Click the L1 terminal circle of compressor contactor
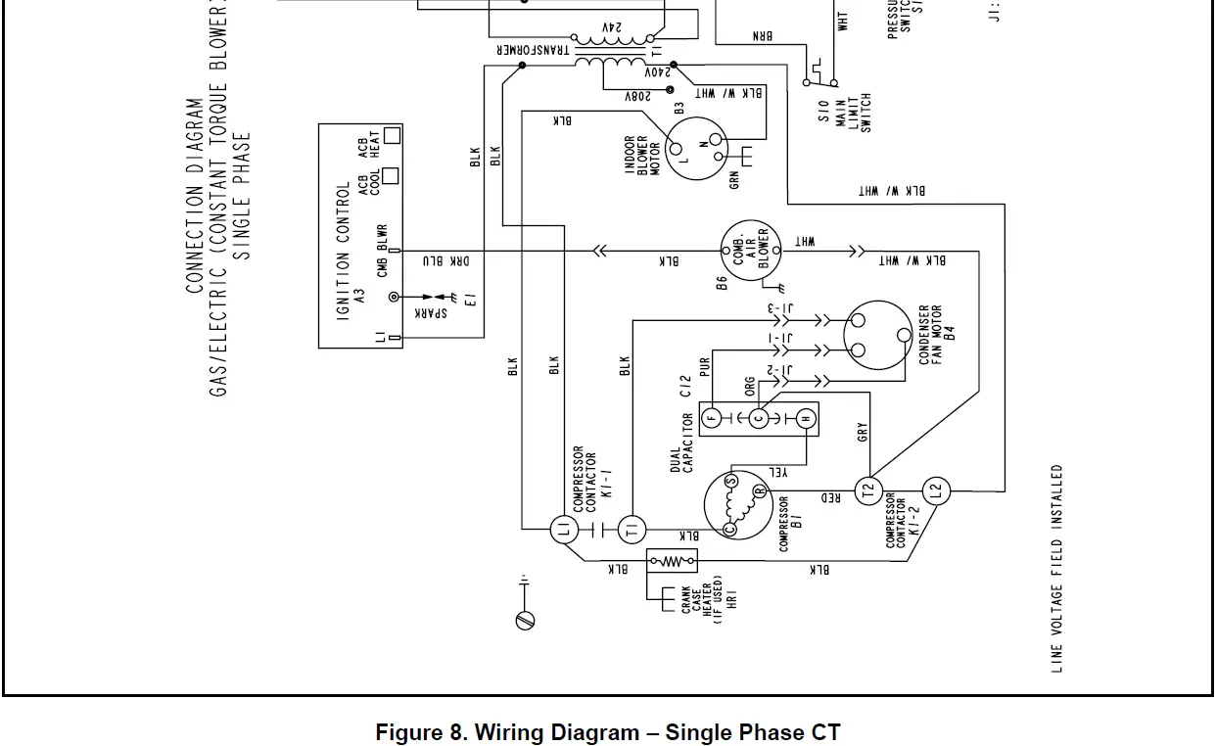click(563, 531)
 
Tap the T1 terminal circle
click(631, 531)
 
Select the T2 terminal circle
click(868, 491)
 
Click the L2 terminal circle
click(934, 491)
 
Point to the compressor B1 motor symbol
click(736, 502)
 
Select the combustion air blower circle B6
click(749, 253)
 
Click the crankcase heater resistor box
click(673, 562)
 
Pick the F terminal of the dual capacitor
click(713, 419)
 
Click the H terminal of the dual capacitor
click(804, 419)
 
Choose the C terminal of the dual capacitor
click(758, 419)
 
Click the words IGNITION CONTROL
click(344, 252)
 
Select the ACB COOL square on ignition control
click(392, 176)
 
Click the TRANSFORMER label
click(534, 49)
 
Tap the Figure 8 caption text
click(607, 732)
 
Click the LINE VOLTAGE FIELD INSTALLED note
click(1057, 568)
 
